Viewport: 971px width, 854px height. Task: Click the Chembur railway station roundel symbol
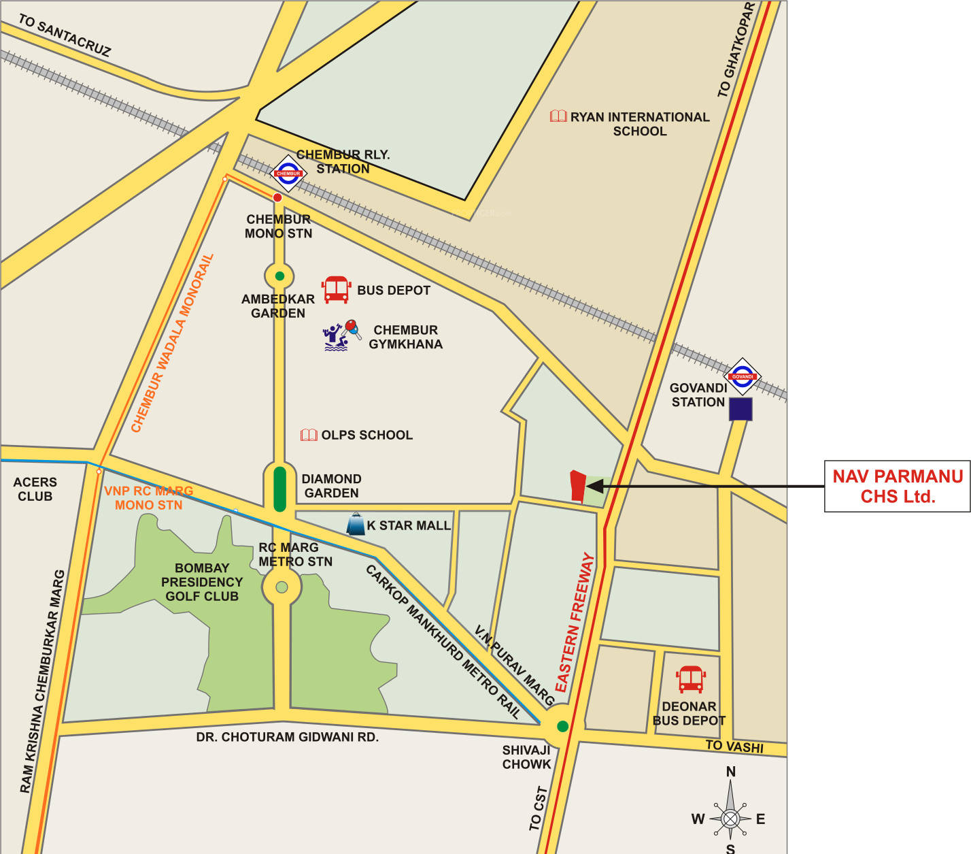(288, 173)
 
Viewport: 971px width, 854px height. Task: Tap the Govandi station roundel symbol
(742, 376)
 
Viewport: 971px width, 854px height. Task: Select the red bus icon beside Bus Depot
(336, 289)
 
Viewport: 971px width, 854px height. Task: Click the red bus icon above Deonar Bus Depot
(691, 679)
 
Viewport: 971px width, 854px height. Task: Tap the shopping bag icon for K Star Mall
(356, 524)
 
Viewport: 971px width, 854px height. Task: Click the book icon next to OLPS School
(309, 435)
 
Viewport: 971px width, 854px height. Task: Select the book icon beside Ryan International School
(558, 116)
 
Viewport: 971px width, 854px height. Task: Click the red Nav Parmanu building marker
(577, 486)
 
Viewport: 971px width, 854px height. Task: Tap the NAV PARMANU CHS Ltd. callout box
(897, 486)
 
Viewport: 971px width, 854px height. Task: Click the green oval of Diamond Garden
(279, 489)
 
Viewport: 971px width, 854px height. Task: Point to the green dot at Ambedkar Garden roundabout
(279, 276)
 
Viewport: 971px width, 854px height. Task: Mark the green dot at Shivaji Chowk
(562, 726)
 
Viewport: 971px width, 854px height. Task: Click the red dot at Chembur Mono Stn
(277, 197)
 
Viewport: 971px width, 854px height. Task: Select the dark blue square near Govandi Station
(740, 409)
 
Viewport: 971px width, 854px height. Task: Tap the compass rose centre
(730, 818)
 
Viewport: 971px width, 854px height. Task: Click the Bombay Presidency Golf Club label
(202, 582)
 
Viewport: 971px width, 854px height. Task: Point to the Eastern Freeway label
(575, 623)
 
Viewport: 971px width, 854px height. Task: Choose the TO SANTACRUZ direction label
(65, 35)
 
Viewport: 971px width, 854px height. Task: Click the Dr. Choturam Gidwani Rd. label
(287, 737)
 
